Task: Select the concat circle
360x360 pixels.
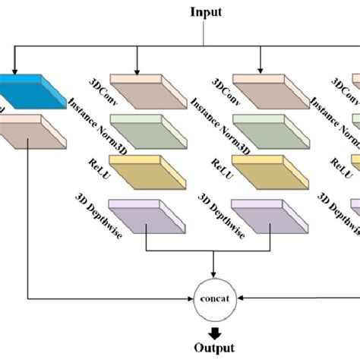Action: pos(215,297)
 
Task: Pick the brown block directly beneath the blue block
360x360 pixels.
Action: pos(30,129)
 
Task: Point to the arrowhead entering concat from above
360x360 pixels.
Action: pos(215,276)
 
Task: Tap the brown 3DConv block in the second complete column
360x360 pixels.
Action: pos(261,88)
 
